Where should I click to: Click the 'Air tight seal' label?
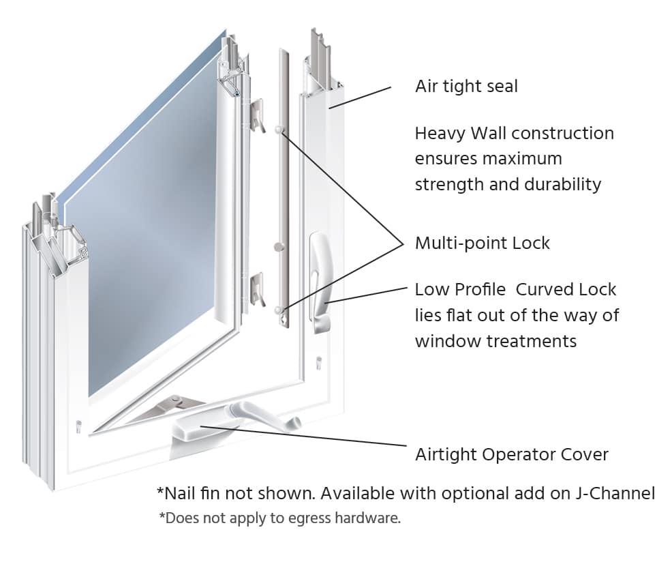466,87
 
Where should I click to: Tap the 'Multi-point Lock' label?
482,243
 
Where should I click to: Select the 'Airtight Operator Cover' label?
511,455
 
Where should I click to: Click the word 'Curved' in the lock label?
543,290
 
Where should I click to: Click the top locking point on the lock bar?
279,129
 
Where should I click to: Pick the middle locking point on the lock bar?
277,246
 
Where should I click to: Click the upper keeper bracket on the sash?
257,115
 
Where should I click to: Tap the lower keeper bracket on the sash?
257,288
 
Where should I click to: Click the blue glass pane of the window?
150,225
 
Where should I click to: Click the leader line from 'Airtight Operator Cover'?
307,437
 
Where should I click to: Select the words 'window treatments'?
495,341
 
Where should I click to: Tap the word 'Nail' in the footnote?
178,493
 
